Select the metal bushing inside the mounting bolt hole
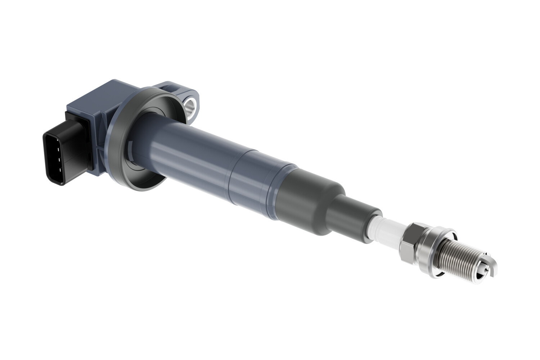click(x=190, y=105)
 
